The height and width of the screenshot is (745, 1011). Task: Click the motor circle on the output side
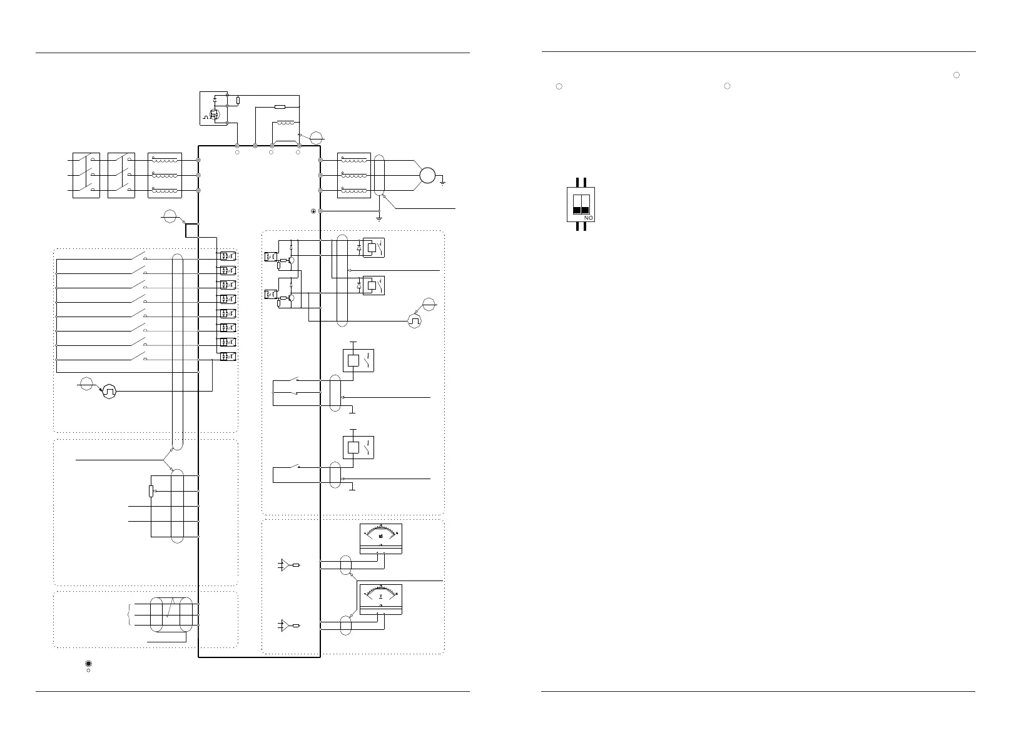(427, 175)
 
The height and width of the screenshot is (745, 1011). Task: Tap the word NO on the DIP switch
(589, 218)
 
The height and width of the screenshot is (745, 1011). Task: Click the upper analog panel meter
(381, 539)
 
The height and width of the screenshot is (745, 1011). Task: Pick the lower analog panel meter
(381, 599)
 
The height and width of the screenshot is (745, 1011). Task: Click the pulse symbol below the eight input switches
(109, 392)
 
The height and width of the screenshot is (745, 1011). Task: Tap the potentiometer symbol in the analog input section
(151, 492)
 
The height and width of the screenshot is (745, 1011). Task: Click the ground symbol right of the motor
(443, 182)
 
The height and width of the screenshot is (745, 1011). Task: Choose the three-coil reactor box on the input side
(165, 175)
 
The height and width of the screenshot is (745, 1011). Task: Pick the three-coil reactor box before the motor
(354, 175)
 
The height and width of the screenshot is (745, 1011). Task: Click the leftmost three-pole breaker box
(86, 175)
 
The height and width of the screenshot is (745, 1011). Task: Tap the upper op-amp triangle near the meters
(285, 565)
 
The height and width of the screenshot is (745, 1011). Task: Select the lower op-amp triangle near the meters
(285, 625)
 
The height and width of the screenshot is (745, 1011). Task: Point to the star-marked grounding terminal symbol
(313, 211)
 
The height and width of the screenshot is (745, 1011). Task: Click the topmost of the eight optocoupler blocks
(226, 256)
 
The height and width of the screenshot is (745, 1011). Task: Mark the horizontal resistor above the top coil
(280, 107)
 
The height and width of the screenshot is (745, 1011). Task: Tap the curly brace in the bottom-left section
(129, 616)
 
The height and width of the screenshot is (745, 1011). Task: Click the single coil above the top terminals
(285, 123)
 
